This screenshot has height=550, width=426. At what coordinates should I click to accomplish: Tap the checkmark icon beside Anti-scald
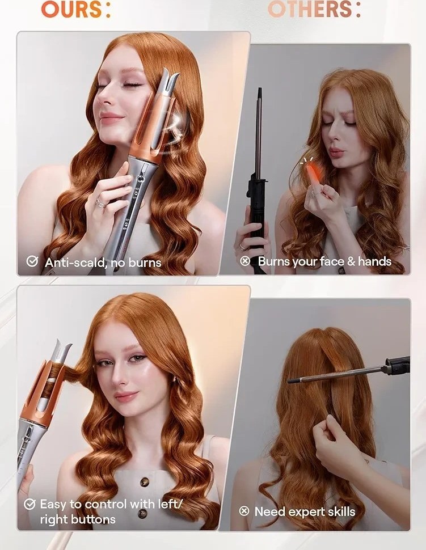(32, 261)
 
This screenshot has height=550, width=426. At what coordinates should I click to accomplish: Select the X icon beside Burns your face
(245, 261)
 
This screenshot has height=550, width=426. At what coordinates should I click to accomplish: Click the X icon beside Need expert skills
(244, 511)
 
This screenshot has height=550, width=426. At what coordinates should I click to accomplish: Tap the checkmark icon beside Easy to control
(29, 505)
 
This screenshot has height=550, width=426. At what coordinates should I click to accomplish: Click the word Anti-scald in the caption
(75, 263)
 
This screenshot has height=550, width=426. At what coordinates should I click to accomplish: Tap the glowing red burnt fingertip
(313, 174)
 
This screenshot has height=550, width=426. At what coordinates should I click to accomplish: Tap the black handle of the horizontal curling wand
(398, 366)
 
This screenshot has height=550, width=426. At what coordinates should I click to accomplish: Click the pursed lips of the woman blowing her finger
(336, 153)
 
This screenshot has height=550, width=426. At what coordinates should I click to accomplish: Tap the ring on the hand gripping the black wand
(242, 247)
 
